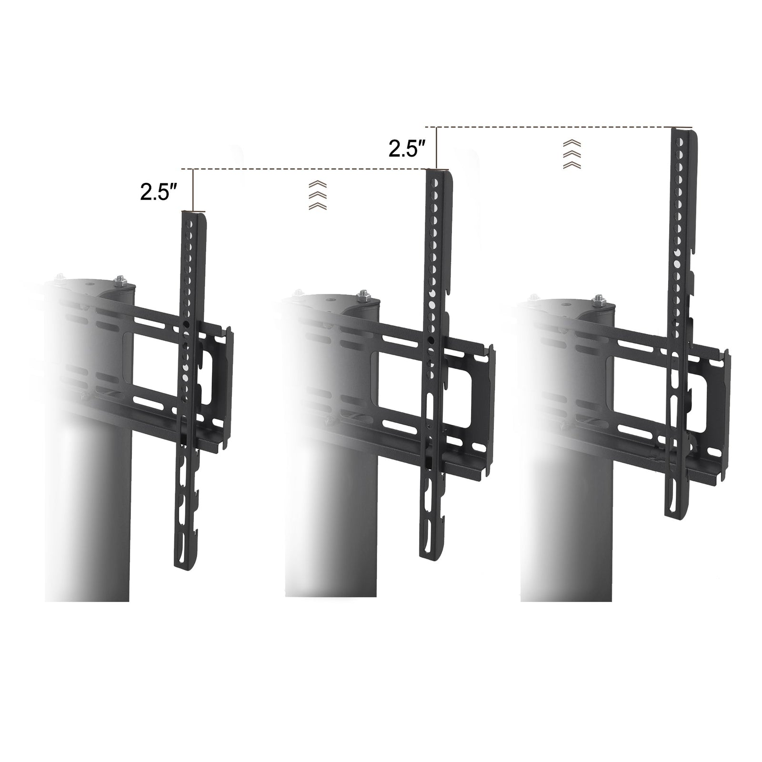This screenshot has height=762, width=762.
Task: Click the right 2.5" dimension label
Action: tap(406, 149)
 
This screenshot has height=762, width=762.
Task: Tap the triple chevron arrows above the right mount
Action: tap(571, 154)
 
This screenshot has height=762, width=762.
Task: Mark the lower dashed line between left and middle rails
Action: tap(310, 169)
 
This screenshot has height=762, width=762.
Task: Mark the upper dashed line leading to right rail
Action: tap(552, 127)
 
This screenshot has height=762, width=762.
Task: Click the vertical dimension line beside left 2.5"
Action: tap(193, 190)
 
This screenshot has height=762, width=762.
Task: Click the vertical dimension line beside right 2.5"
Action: tap(436, 148)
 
